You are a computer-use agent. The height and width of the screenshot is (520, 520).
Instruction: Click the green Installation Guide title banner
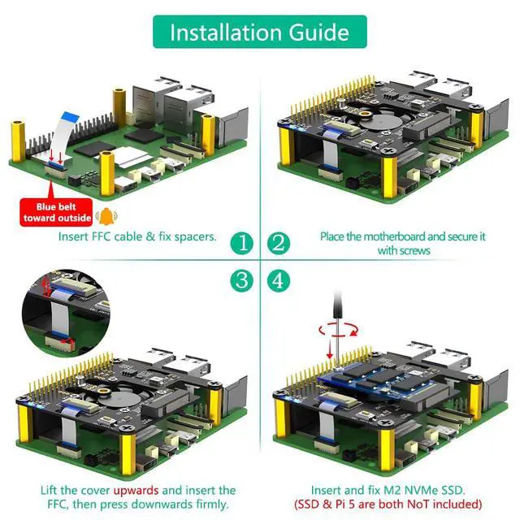pos(260,32)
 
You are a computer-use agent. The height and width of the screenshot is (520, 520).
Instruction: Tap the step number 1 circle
pos(241,242)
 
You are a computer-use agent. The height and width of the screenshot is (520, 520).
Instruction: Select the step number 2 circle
pos(279,242)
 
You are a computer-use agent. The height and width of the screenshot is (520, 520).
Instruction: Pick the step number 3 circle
pos(241,281)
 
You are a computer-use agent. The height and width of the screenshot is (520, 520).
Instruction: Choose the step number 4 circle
pos(279,281)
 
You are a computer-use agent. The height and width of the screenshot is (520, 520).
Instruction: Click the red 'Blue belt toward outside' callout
pos(57,211)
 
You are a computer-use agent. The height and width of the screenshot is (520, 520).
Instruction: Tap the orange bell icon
pos(105,216)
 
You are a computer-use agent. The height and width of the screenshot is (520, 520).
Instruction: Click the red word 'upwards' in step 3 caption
pos(136,490)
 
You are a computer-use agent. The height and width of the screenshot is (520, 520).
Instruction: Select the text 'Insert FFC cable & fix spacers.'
pos(137,236)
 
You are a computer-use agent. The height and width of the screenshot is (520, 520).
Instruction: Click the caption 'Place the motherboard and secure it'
pos(402,236)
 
